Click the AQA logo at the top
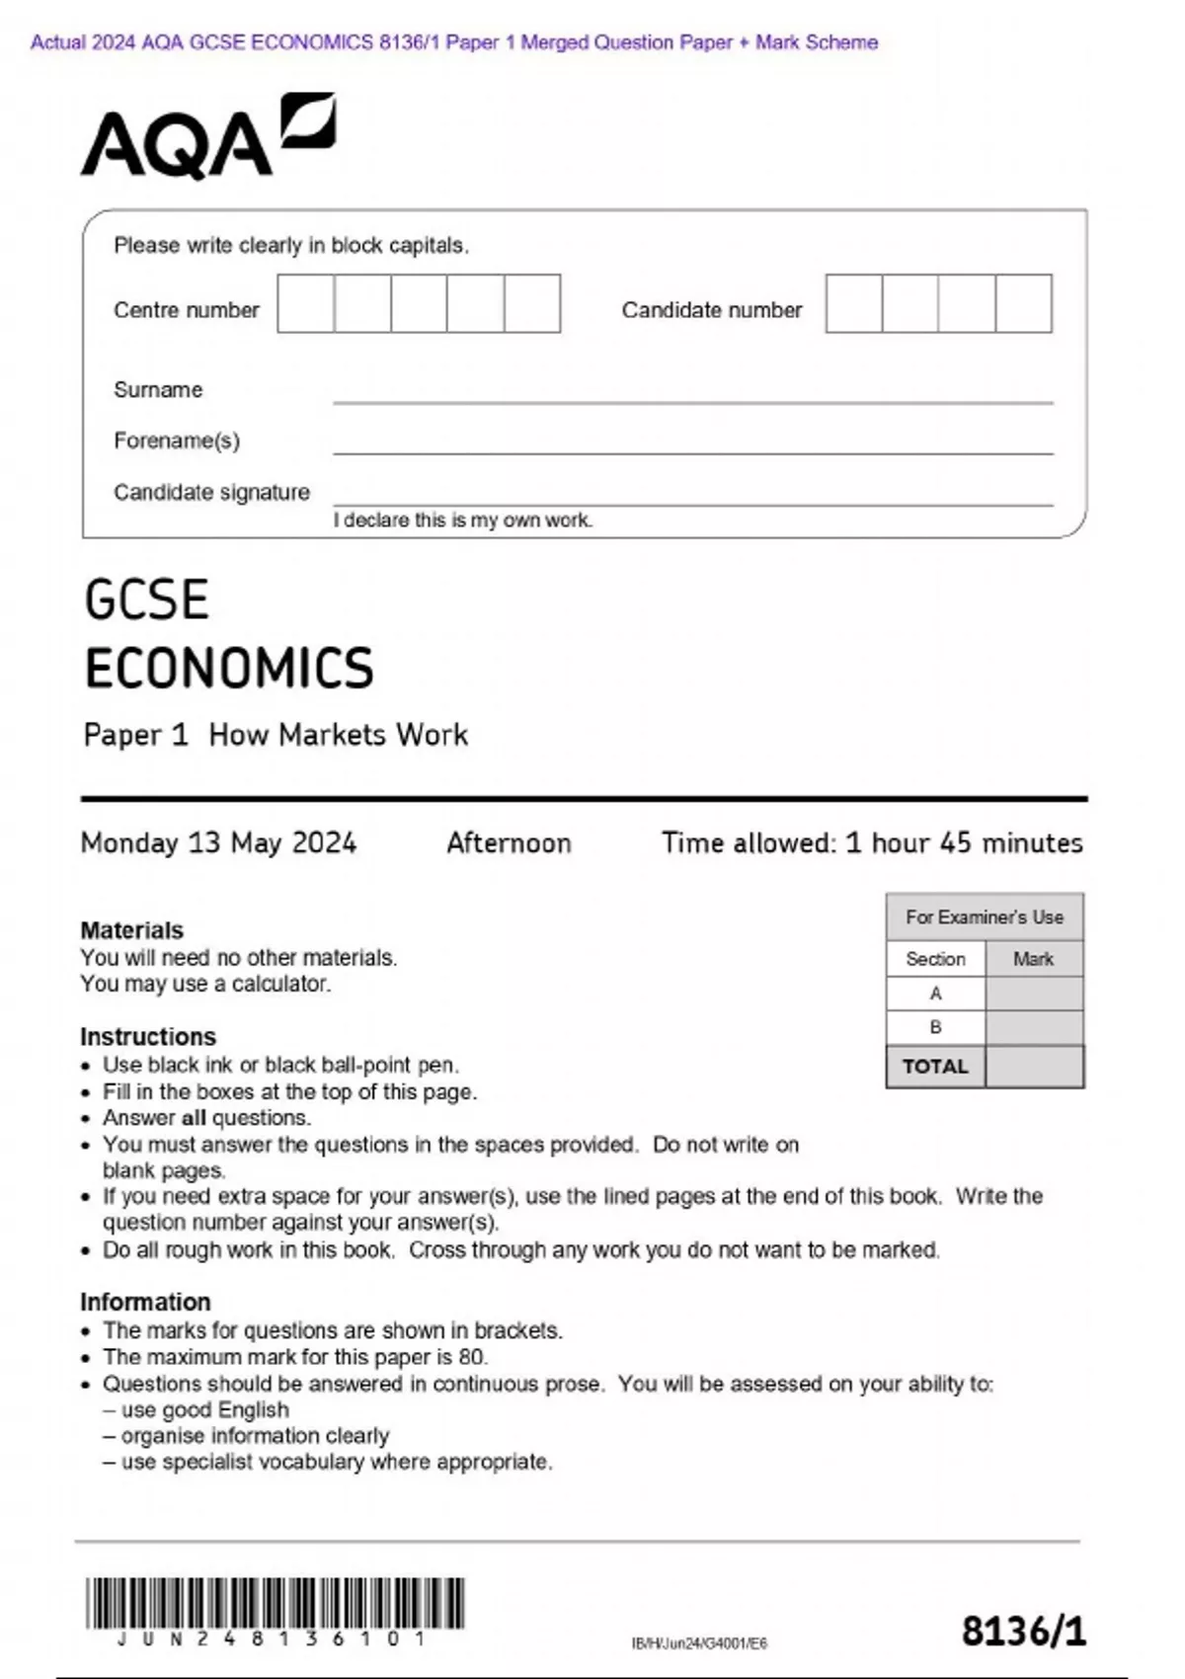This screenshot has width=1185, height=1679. pyautogui.click(x=207, y=138)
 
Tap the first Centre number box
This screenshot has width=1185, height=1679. pyautogui.click(x=305, y=304)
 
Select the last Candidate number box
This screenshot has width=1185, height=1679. pyautogui.click(x=1023, y=304)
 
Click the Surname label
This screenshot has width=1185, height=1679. pyautogui.click(x=158, y=390)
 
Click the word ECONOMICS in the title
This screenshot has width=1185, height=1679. pyautogui.click(x=229, y=669)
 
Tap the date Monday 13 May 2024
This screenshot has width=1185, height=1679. pyautogui.click(x=218, y=842)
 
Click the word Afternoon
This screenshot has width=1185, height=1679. pyautogui.click(x=509, y=842)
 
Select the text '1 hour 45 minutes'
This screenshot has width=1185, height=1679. pyautogui.click(x=964, y=842)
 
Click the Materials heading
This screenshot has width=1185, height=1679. pyautogui.click(x=131, y=930)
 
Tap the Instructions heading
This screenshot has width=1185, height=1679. pyautogui.click(x=148, y=1037)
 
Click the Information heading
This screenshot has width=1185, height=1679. pyautogui.click(x=145, y=1302)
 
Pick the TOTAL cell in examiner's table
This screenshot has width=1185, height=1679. pyautogui.click(x=935, y=1067)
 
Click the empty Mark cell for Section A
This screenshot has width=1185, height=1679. pyautogui.click(x=1034, y=994)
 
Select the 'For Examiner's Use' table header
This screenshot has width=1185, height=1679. pyautogui.click(x=985, y=918)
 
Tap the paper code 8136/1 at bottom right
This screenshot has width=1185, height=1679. pyautogui.click(x=1023, y=1631)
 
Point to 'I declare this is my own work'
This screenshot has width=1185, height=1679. pyautogui.click(x=463, y=520)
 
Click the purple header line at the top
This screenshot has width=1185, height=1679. pyautogui.click(x=454, y=42)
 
